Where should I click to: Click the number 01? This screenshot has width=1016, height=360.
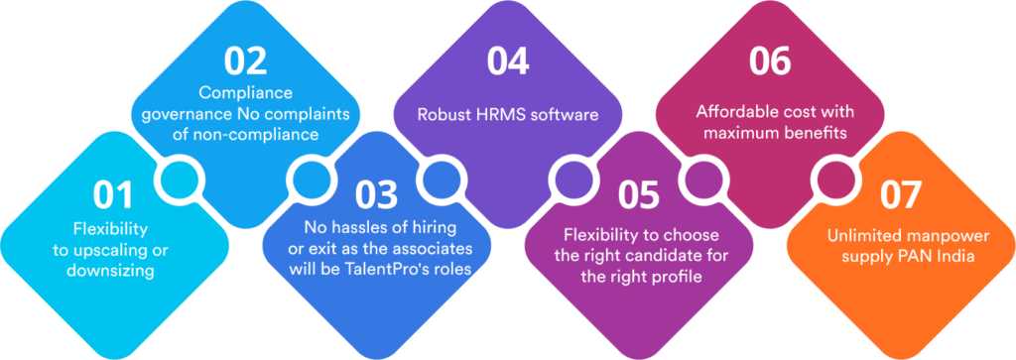coord(113,195)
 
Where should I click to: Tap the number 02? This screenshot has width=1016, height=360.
coord(246,60)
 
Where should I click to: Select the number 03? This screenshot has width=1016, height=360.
coord(376,195)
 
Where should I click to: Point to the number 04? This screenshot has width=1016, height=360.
coord(508,60)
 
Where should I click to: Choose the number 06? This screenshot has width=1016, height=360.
coord(770,60)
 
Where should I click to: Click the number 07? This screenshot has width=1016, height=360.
coord(900,195)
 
